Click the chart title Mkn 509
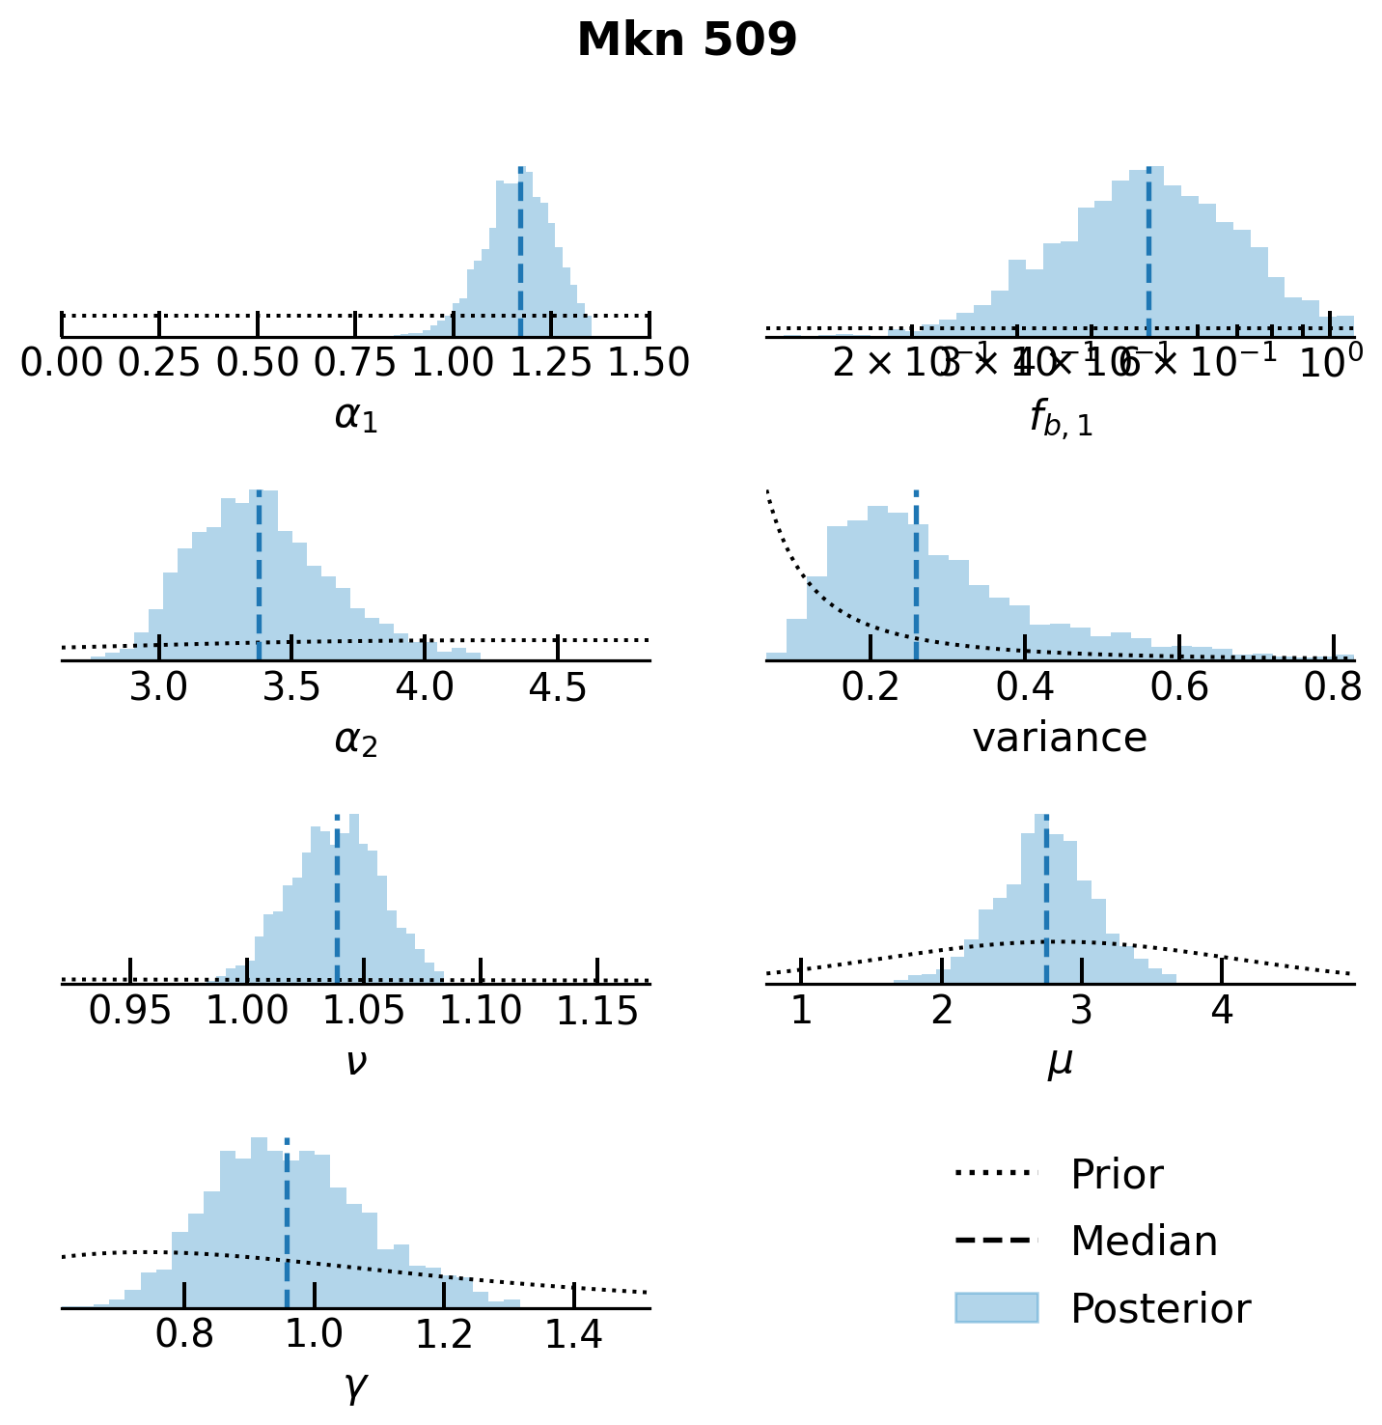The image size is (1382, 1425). (x=686, y=41)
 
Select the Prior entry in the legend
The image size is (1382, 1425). (x=1117, y=1175)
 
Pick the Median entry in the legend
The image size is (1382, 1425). (x=1144, y=1242)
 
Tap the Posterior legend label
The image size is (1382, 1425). (x=1160, y=1309)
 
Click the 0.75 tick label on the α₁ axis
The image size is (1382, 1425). (x=355, y=364)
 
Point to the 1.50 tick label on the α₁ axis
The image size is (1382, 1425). (x=649, y=364)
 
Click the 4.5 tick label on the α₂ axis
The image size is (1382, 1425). (x=558, y=687)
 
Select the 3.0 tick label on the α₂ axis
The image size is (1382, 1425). (x=159, y=687)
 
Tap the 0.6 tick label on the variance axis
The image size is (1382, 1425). (x=1178, y=687)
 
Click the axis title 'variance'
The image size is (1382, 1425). (x=1060, y=739)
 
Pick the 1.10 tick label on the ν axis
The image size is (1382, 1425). (x=481, y=1011)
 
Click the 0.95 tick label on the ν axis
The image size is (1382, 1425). (x=130, y=1011)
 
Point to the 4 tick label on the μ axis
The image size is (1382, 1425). (x=1222, y=1011)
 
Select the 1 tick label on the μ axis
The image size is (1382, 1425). (x=800, y=1011)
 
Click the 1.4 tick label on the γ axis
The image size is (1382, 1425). (x=573, y=1335)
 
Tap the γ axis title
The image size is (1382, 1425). (x=355, y=1386)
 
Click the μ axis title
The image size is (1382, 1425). (x=1060, y=1062)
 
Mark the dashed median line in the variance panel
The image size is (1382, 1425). (x=916, y=579)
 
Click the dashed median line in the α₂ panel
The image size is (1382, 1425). (x=259, y=579)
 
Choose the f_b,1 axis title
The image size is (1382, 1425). (x=1060, y=418)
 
